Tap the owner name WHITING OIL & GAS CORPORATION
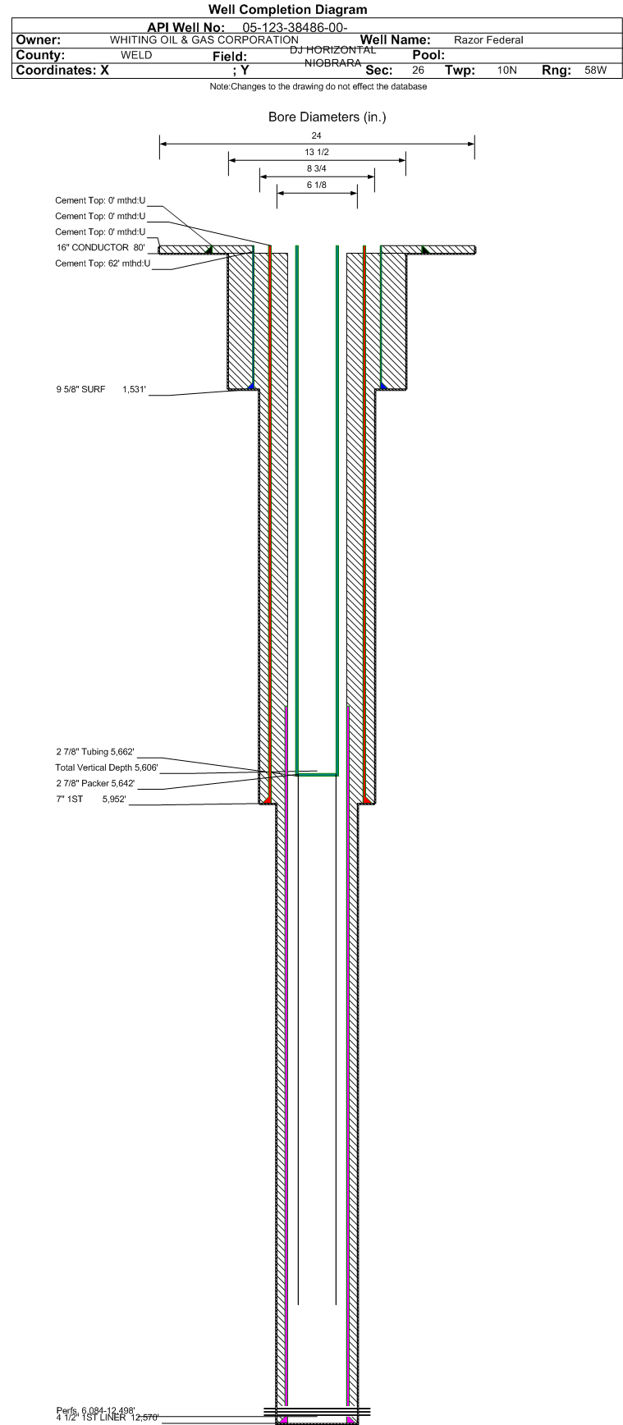pos(204,39)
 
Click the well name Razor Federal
pos(488,40)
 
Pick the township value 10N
pos(507,71)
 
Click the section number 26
pos(418,71)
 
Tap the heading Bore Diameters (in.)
pos(327,117)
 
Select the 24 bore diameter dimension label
pos(317,135)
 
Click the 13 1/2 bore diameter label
pos(317,152)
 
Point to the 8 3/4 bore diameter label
pos(317,168)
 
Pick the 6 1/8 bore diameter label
pos(317,186)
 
